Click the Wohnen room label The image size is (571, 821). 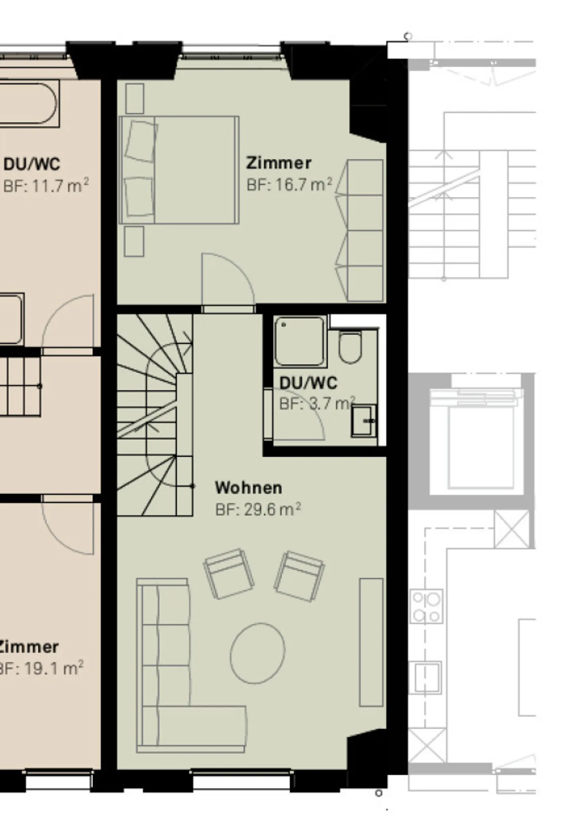click(248, 487)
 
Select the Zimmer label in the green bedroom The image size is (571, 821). click(278, 163)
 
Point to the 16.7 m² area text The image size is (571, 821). click(289, 185)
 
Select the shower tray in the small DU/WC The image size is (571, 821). click(300, 341)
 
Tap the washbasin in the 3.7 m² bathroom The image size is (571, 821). click(363, 420)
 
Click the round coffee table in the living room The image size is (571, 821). click(258, 653)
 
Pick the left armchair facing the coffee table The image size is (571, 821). click(229, 573)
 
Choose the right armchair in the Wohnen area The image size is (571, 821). click(299, 575)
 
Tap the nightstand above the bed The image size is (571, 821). click(134, 98)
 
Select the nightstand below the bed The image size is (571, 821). click(134, 241)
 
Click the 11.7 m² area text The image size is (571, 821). click(46, 185)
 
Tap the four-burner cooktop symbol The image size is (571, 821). click(426, 606)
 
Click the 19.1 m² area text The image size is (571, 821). click(42, 668)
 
